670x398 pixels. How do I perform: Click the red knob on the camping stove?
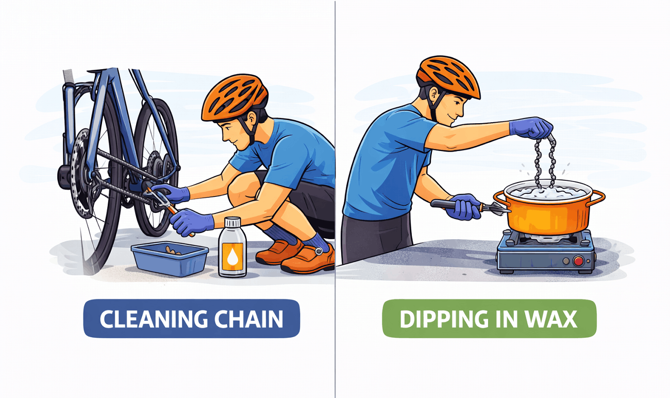click(x=578, y=261)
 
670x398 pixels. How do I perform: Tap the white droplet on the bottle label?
click(x=232, y=257)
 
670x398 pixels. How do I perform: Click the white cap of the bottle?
click(x=232, y=222)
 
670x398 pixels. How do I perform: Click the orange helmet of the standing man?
click(x=448, y=77)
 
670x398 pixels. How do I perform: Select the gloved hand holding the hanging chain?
click(x=531, y=127)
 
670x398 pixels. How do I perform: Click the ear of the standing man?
click(x=433, y=94)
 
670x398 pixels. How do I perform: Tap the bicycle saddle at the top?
click(x=69, y=76)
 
